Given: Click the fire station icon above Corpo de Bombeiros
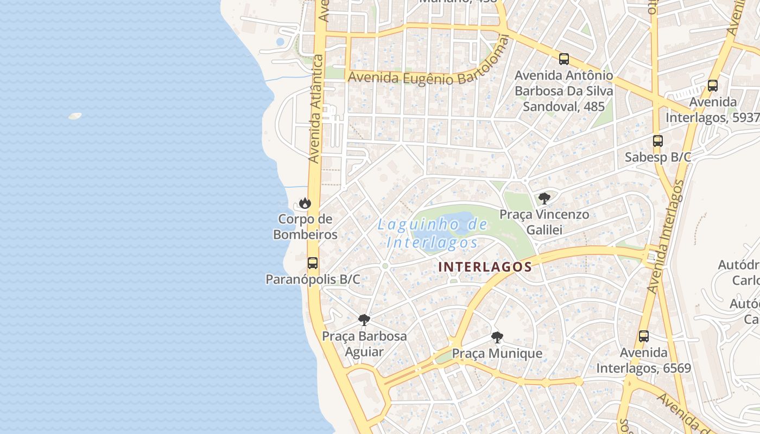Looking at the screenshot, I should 305,203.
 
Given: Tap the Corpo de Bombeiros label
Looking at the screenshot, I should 305,227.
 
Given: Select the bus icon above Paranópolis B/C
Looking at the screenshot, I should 313,263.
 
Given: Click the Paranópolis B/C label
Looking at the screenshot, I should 313,279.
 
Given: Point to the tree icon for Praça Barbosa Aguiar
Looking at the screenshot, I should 364,320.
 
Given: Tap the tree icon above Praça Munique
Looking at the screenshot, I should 497,337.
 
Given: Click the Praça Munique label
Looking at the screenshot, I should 497,354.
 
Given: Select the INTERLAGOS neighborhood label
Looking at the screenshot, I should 485,267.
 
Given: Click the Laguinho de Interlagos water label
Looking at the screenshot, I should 433,233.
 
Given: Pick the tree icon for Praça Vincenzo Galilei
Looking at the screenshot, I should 544,198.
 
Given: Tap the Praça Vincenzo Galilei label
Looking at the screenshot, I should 544,222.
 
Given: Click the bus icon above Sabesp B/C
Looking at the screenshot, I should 658,141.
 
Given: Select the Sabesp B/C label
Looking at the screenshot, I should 658,157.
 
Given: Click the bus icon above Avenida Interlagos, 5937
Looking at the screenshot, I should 713,86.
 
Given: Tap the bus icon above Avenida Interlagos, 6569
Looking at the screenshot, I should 644,336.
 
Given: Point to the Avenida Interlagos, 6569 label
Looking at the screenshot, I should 644,360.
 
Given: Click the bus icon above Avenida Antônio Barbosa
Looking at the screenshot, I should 564,59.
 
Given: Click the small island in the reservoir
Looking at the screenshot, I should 75,116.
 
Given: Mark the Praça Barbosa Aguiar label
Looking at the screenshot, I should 364,343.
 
